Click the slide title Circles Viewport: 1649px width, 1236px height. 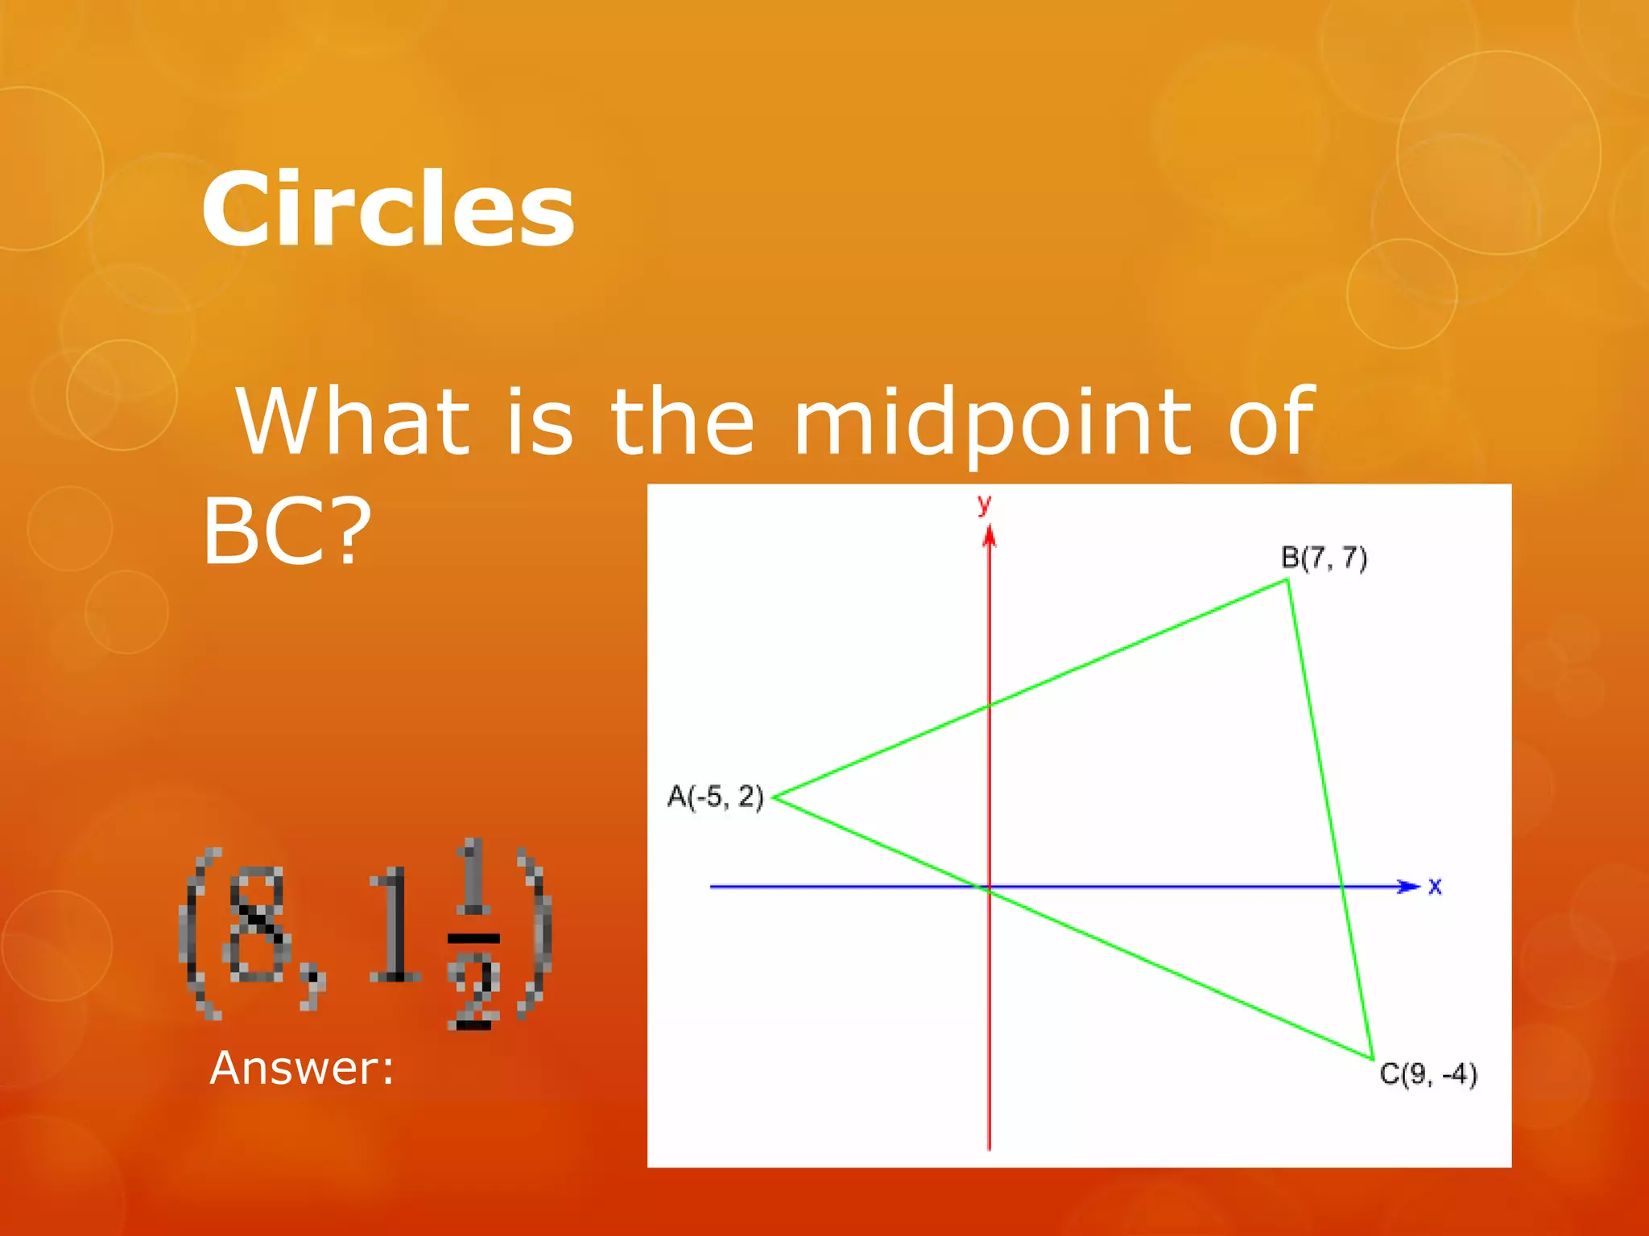coord(387,209)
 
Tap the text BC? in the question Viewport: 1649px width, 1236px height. coord(287,531)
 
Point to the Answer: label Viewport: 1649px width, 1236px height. coord(302,1069)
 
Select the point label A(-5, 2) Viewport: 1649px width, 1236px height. coord(715,797)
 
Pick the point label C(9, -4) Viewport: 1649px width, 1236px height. coord(1428,1074)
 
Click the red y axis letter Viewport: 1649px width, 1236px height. coord(984,505)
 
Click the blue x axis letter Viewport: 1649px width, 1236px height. coord(1435,887)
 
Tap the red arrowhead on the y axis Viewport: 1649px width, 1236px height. coord(990,536)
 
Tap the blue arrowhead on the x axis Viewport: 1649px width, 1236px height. coord(1407,887)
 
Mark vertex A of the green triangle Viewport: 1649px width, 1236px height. coord(775,797)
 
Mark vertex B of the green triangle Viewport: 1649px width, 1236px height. coord(1287,580)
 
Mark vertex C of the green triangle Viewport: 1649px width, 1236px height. coord(1372,1058)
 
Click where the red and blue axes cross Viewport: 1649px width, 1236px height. coord(990,887)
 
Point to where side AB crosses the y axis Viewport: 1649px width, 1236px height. coord(990,706)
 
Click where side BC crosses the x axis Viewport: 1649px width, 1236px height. coord(1342,887)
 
